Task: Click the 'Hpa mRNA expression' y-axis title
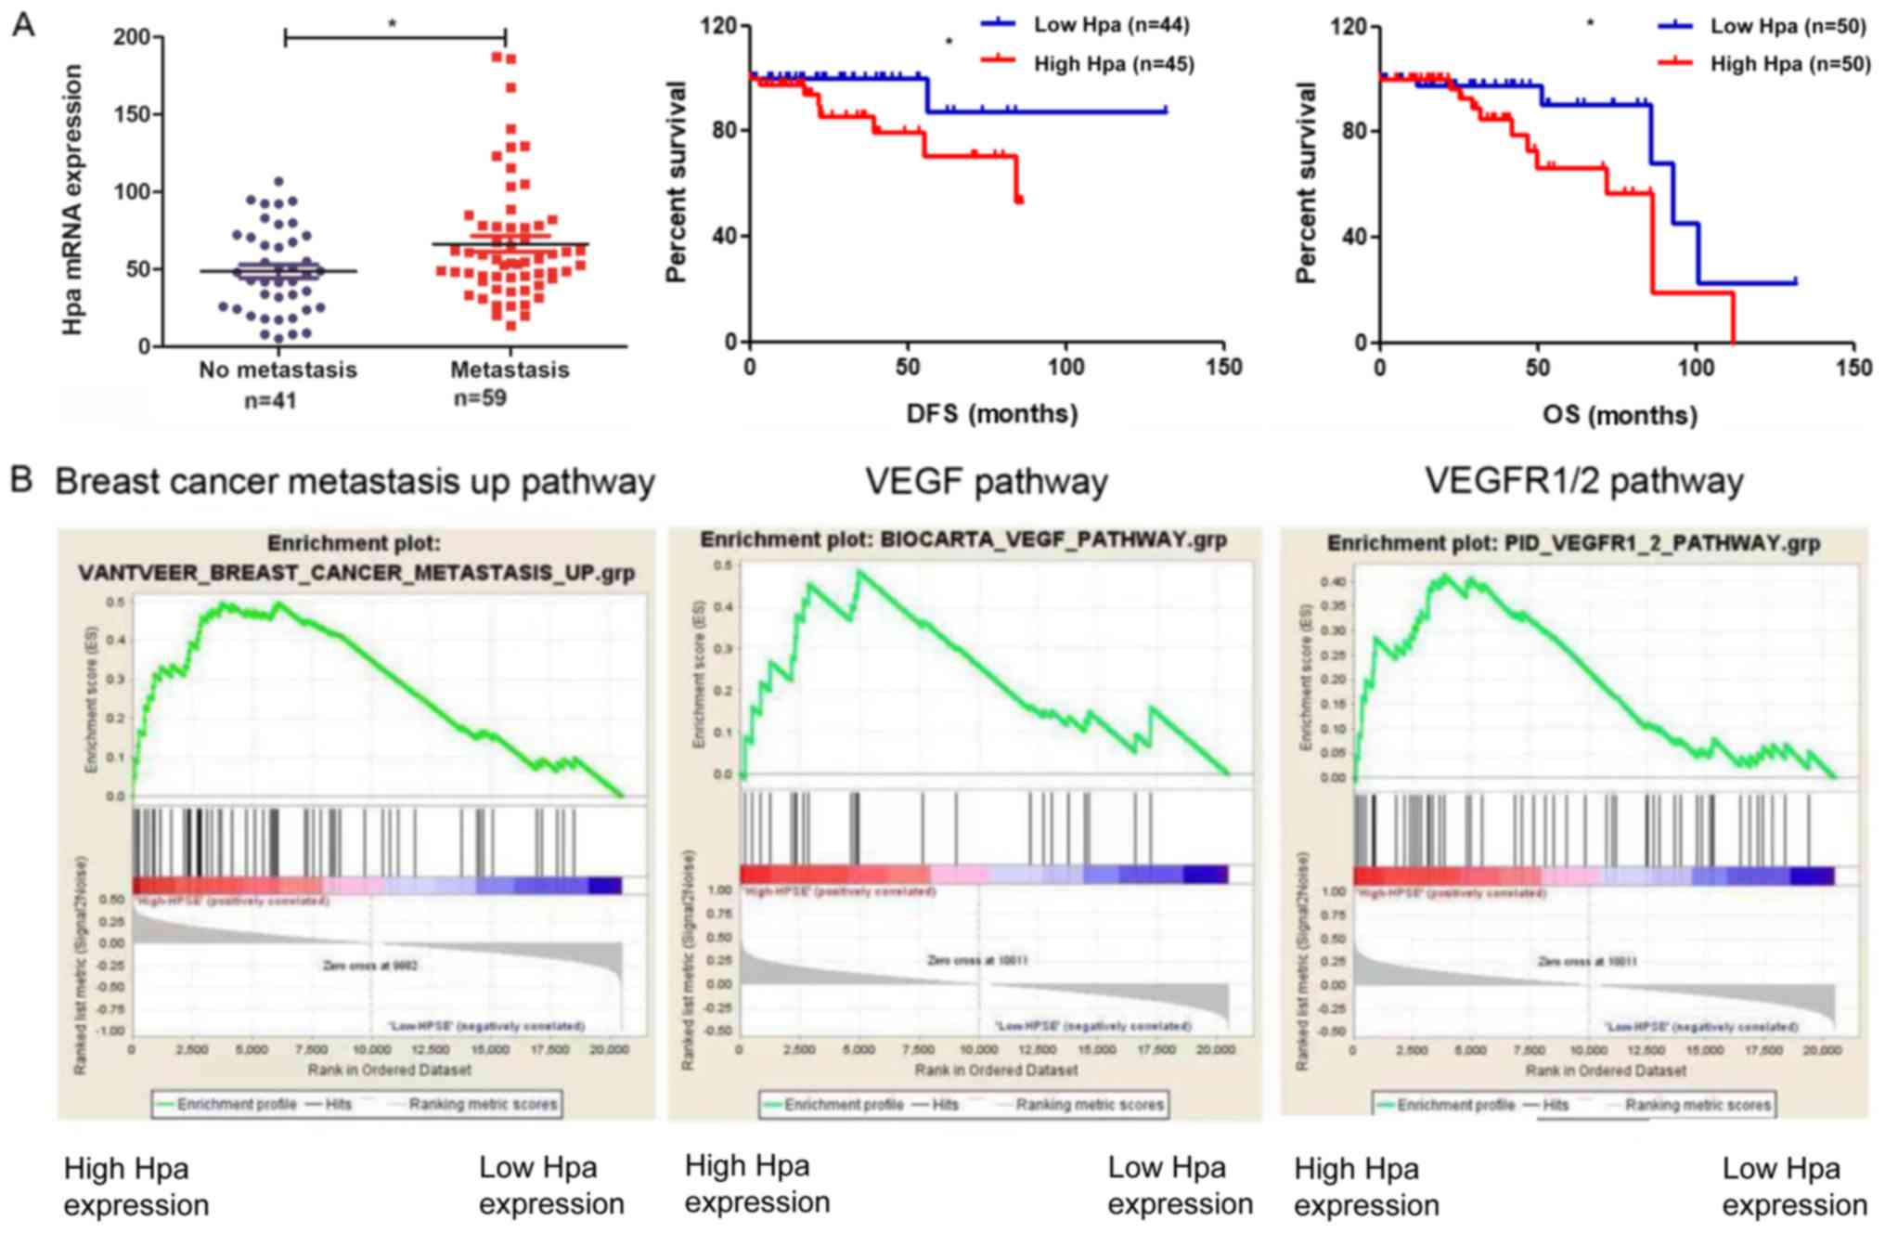[72, 200]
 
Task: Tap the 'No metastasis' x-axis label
[278, 370]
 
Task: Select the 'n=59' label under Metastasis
[480, 398]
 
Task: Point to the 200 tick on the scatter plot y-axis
[132, 37]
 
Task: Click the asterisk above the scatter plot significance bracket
[393, 23]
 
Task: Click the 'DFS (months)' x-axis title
[991, 413]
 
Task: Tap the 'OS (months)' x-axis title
[1620, 414]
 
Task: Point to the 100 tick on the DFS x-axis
[1065, 367]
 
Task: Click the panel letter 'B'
[21, 480]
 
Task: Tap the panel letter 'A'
[23, 25]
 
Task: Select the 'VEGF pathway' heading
[987, 482]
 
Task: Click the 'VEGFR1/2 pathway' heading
[1583, 481]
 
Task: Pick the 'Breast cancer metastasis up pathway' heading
[355, 482]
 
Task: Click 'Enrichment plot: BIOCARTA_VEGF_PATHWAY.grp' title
[963, 540]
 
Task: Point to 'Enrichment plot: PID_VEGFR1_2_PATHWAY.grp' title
[1573, 543]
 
